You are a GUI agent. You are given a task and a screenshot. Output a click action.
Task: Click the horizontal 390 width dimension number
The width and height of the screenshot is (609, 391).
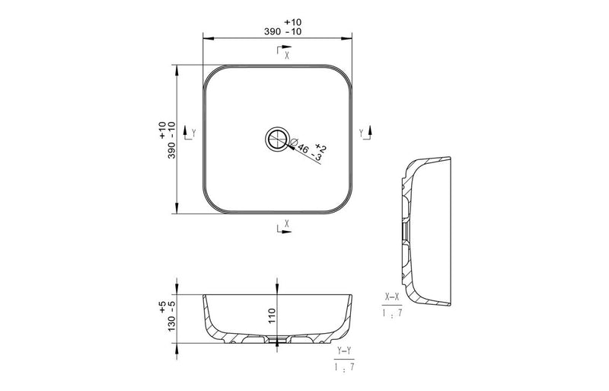[x=273, y=32]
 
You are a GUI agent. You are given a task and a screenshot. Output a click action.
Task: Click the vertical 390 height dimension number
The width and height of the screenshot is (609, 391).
[x=172, y=150]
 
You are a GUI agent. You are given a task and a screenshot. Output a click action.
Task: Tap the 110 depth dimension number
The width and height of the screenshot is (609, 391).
[x=272, y=316]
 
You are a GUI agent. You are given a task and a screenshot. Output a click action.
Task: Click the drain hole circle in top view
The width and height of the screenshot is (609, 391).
[x=277, y=139]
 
